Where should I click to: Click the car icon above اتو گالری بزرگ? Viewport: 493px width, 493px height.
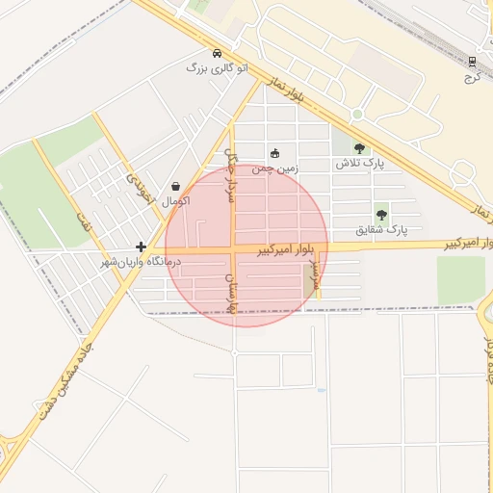[x=217, y=53]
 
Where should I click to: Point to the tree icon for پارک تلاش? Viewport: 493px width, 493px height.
[x=359, y=148]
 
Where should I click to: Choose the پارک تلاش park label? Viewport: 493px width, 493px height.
[x=359, y=164]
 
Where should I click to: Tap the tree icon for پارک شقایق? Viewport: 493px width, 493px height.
[x=382, y=214]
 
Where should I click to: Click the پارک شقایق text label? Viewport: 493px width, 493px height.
[x=382, y=229]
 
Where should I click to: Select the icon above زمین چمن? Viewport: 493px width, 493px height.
[x=275, y=152]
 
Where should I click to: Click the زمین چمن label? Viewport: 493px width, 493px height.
[x=276, y=168]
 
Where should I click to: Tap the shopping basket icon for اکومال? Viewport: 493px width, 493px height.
[x=176, y=186]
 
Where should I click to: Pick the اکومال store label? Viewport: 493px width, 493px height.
[x=176, y=201]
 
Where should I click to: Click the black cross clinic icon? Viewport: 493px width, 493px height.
[x=142, y=246]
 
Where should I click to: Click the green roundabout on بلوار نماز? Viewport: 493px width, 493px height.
[x=357, y=115]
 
